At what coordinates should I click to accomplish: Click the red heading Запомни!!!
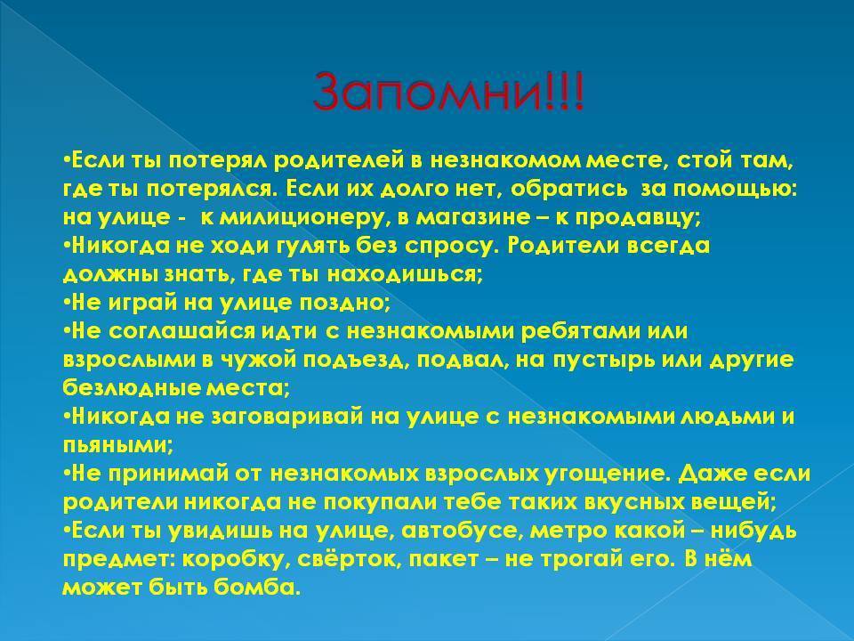pos(448,92)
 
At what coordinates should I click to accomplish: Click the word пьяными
pos(118,445)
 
